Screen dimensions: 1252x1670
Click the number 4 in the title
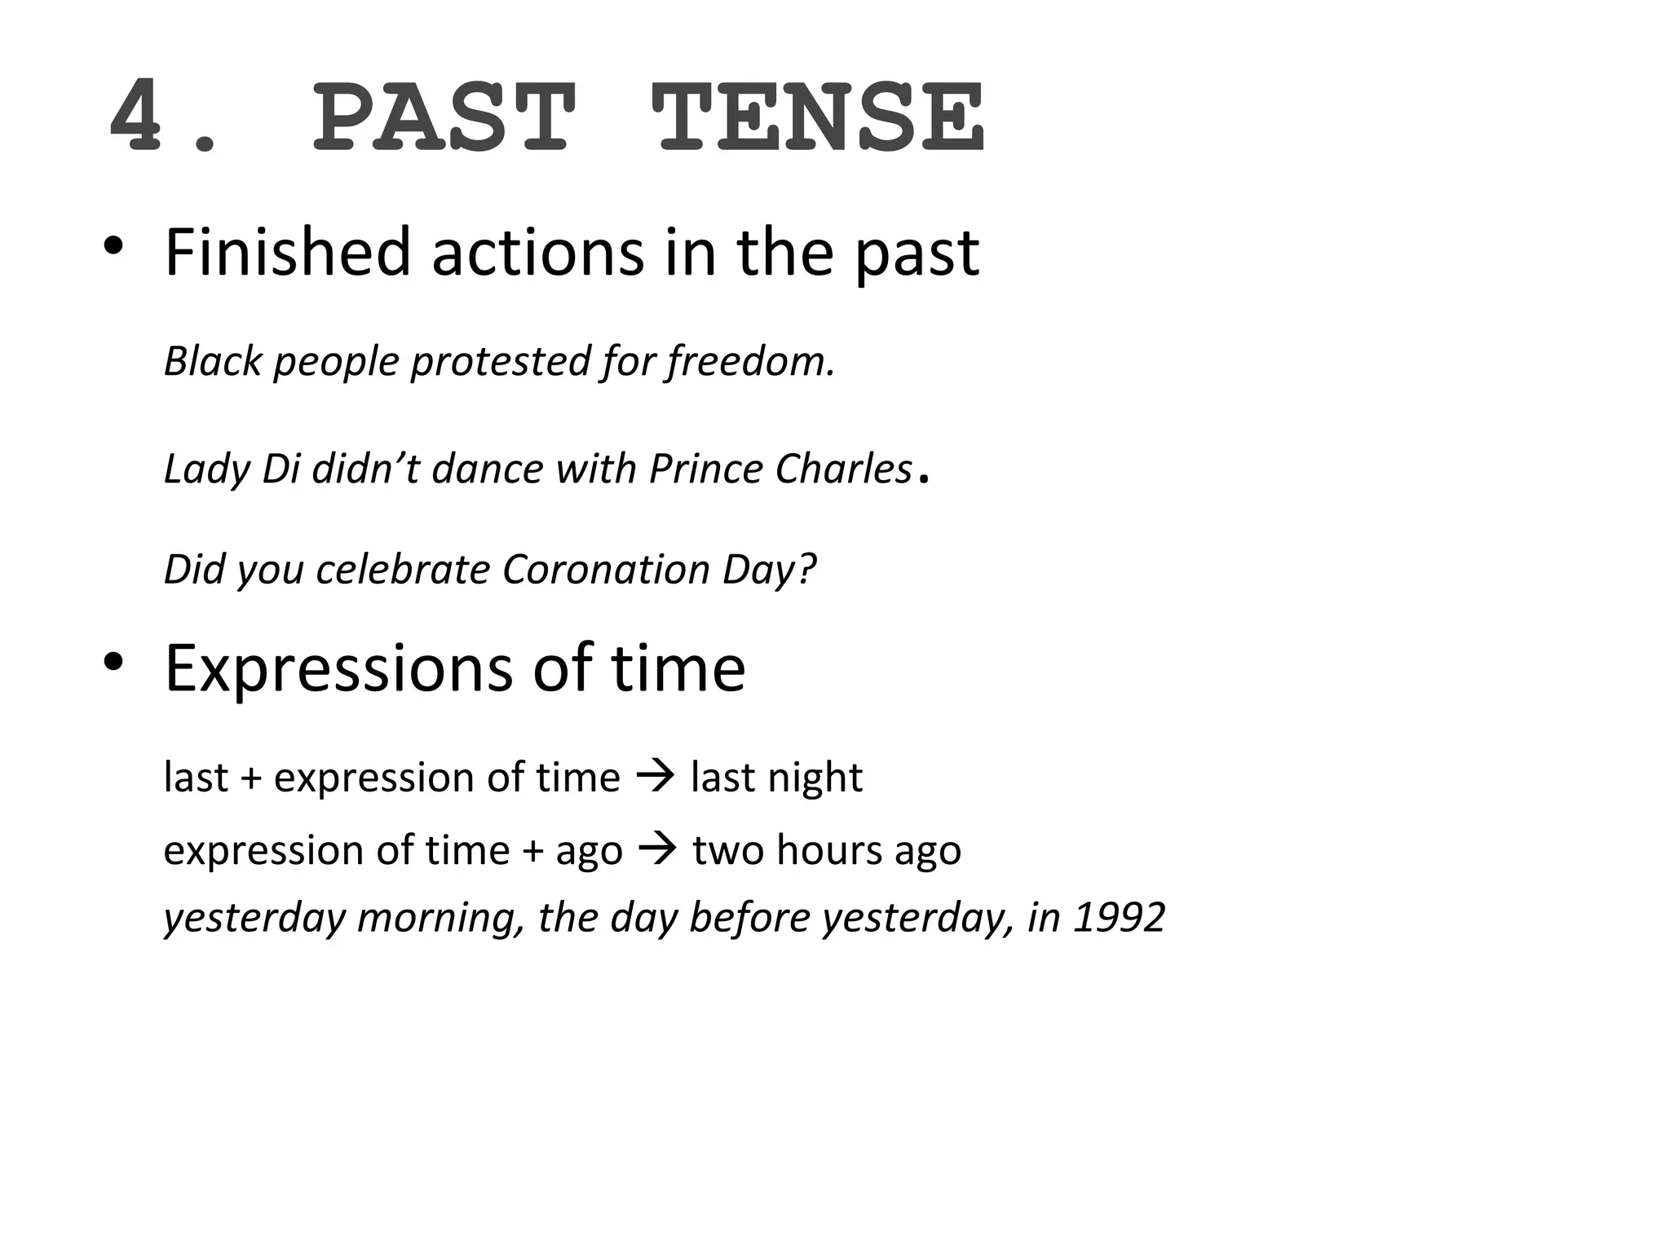tap(135, 117)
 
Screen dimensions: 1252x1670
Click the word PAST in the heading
tap(444, 117)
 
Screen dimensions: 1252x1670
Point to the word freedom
tap(751, 361)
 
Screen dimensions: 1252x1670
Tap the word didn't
tap(365, 469)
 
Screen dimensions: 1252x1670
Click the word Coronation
tap(606, 569)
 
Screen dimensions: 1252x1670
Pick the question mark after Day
tap(806, 569)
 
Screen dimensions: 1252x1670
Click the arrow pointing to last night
tap(655, 776)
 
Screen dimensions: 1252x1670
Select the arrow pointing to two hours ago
tap(657, 849)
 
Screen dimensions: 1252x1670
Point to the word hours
tap(828, 850)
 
